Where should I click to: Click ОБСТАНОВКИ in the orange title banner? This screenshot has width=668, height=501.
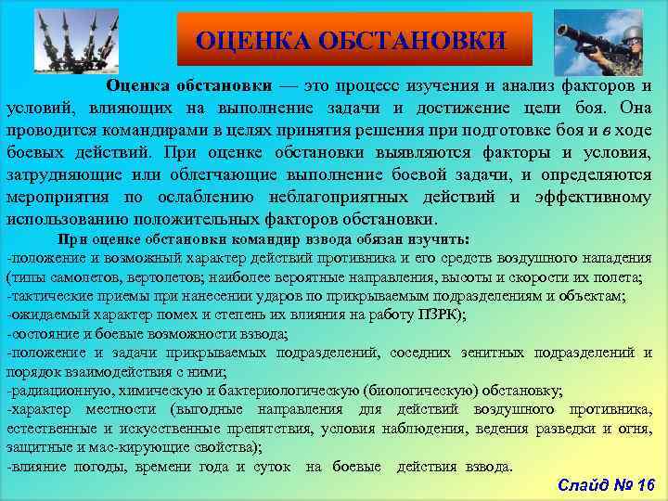[x=412, y=40]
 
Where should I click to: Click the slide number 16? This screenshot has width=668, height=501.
[x=641, y=484]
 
